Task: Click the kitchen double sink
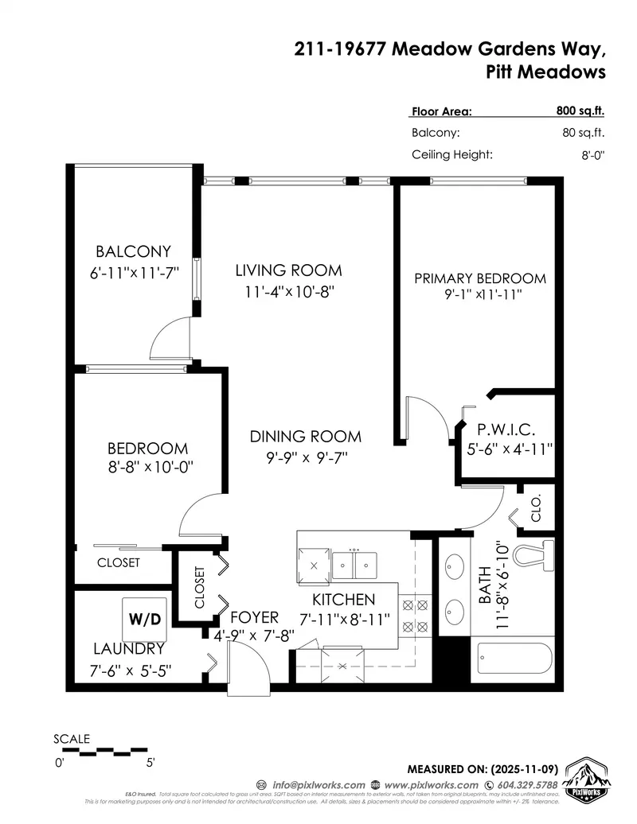pos(354,564)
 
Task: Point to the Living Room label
pos(288,270)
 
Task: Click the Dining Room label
pos(305,437)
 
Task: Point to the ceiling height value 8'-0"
pos(593,156)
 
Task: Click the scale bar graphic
pos(102,749)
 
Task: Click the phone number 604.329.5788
pos(521,785)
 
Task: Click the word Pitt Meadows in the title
pos(545,72)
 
